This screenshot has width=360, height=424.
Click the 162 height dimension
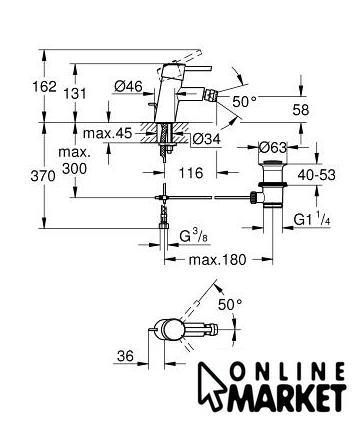(44, 87)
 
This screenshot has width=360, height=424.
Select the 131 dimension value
(75, 94)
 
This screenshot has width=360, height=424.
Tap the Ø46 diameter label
(128, 87)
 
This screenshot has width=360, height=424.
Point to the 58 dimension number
(301, 110)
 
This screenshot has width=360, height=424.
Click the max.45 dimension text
(108, 133)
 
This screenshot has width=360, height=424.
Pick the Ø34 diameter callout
(207, 139)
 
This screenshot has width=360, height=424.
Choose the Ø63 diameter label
(273, 147)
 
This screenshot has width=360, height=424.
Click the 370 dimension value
(43, 176)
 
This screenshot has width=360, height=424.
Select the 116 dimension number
(191, 173)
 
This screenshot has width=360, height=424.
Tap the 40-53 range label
(316, 175)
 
